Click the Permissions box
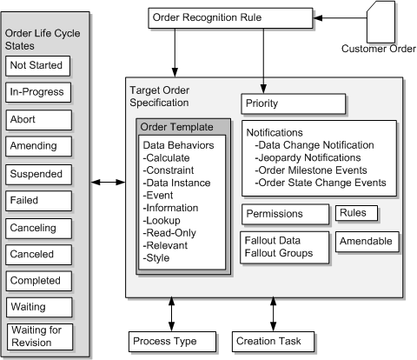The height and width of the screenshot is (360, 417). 285,214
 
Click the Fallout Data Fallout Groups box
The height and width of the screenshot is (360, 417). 285,246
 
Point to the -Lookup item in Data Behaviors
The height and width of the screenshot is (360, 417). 162,222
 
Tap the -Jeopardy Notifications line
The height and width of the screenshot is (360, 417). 308,157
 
